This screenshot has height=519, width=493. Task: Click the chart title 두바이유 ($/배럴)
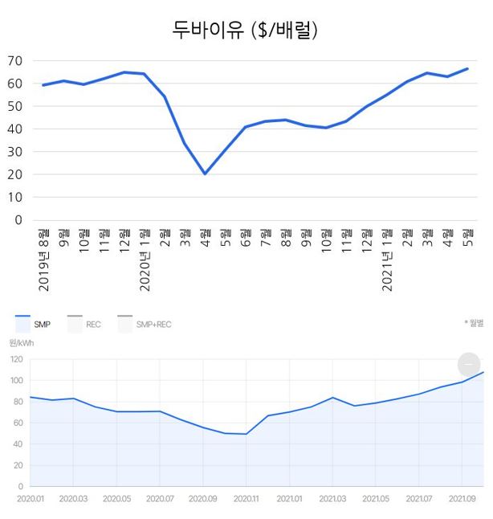point(246,31)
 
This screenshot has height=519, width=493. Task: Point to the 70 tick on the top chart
point(15,61)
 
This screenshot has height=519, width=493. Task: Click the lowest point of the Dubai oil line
point(205,174)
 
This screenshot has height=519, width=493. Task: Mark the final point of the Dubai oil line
point(467,69)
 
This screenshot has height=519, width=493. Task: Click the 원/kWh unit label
point(21,343)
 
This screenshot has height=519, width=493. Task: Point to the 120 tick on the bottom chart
point(16,359)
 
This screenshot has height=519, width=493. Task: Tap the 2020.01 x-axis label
point(30,498)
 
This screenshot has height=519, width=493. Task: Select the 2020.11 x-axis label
point(246,498)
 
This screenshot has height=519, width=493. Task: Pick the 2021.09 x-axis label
point(462,498)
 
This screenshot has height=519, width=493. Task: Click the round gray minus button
point(469,364)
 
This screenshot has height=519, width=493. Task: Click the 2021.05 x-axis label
point(376,498)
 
